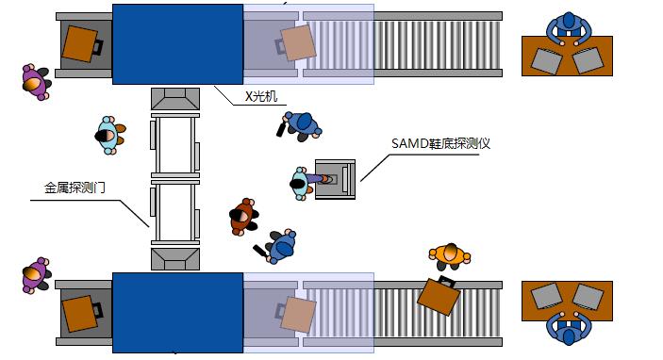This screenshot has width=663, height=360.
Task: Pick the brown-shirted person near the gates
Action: [x=244, y=216]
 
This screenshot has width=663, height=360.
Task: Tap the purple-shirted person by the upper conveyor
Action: [x=36, y=81]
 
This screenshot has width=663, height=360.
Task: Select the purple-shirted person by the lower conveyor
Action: [x=35, y=275]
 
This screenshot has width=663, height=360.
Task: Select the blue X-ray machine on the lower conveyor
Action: [x=177, y=313]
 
